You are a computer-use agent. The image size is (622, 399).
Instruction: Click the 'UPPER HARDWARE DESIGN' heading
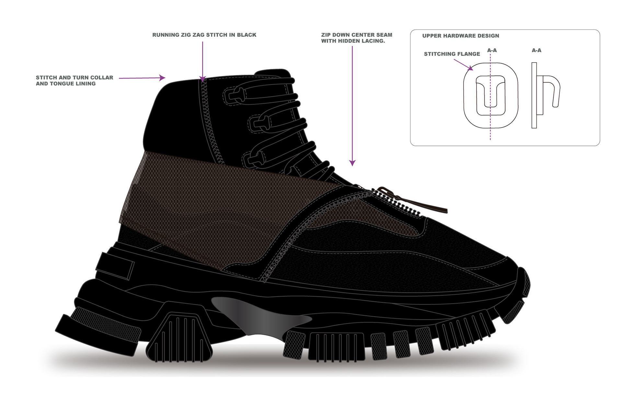click(x=460, y=36)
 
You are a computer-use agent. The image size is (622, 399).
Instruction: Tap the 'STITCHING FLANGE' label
click(x=452, y=54)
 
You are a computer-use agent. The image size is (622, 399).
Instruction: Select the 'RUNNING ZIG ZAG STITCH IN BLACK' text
click(x=204, y=35)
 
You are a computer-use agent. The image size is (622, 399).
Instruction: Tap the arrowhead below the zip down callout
click(x=352, y=163)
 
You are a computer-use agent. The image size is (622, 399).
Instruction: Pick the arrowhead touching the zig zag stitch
click(x=203, y=79)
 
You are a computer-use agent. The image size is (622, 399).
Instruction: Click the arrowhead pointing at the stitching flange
click(x=470, y=68)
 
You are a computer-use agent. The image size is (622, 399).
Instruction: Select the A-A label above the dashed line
click(x=492, y=50)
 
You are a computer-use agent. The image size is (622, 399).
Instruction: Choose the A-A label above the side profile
click(x=536, y=50)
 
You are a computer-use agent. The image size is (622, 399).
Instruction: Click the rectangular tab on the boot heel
click(x=115, y=265)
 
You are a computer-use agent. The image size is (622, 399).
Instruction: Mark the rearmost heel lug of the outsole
click(x=97, y=333)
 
